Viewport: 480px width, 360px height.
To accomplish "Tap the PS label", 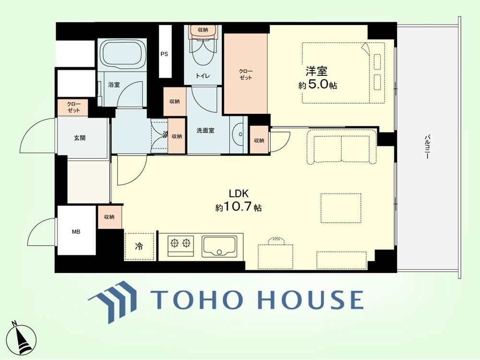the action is (x=164, y=54).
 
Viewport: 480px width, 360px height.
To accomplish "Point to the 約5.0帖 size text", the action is (x=317, y=84).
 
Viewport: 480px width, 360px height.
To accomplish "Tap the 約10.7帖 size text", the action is (x=238, y=207).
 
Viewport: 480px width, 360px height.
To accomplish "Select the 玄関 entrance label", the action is (x=80, y=138).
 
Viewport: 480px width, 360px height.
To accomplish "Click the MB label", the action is (x=76, y=232).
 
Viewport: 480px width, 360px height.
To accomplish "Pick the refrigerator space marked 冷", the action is (x=139, y=246).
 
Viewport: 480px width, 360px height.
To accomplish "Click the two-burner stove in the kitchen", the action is (x=180, y=245).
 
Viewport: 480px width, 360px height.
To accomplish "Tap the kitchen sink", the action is (x=219, y=246).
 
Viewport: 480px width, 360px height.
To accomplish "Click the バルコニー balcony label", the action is (x=426, y=147).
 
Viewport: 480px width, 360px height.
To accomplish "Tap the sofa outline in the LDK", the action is (x=342, y=146).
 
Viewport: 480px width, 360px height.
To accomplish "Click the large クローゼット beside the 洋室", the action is (x=246, y=73).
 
